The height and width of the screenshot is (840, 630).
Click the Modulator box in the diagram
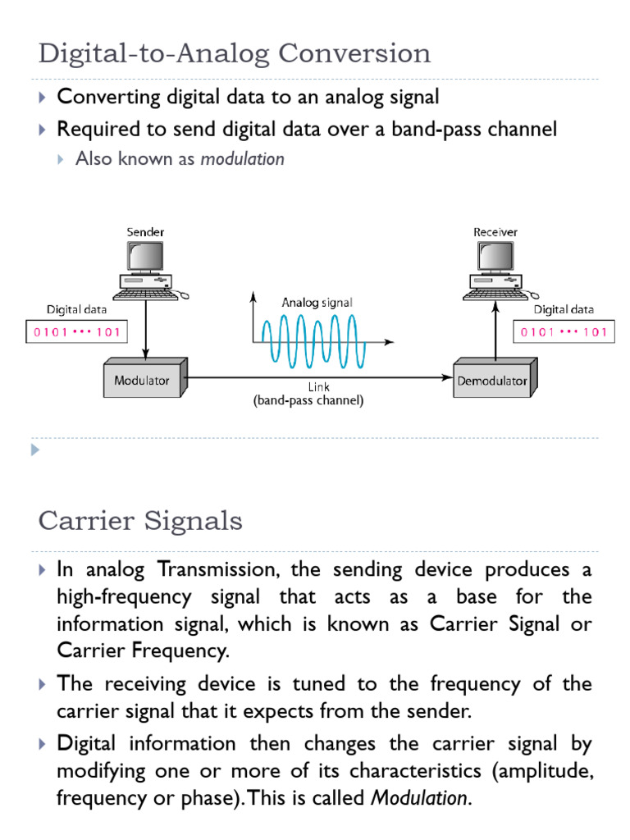(143, 381)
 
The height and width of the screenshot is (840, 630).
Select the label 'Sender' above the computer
(145, 232)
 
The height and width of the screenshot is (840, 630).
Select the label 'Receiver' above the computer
(495, 232)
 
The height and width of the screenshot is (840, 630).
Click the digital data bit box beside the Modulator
(75, 332)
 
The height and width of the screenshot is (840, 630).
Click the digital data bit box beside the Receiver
(563, 332)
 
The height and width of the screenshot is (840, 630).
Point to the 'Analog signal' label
(317, 302)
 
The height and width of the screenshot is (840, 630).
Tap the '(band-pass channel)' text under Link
(308, 401)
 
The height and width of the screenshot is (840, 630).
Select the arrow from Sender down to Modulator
(146, 328)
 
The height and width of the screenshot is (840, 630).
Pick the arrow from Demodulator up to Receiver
(495, 328)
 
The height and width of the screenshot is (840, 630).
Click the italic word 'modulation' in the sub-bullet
(242, 159)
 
